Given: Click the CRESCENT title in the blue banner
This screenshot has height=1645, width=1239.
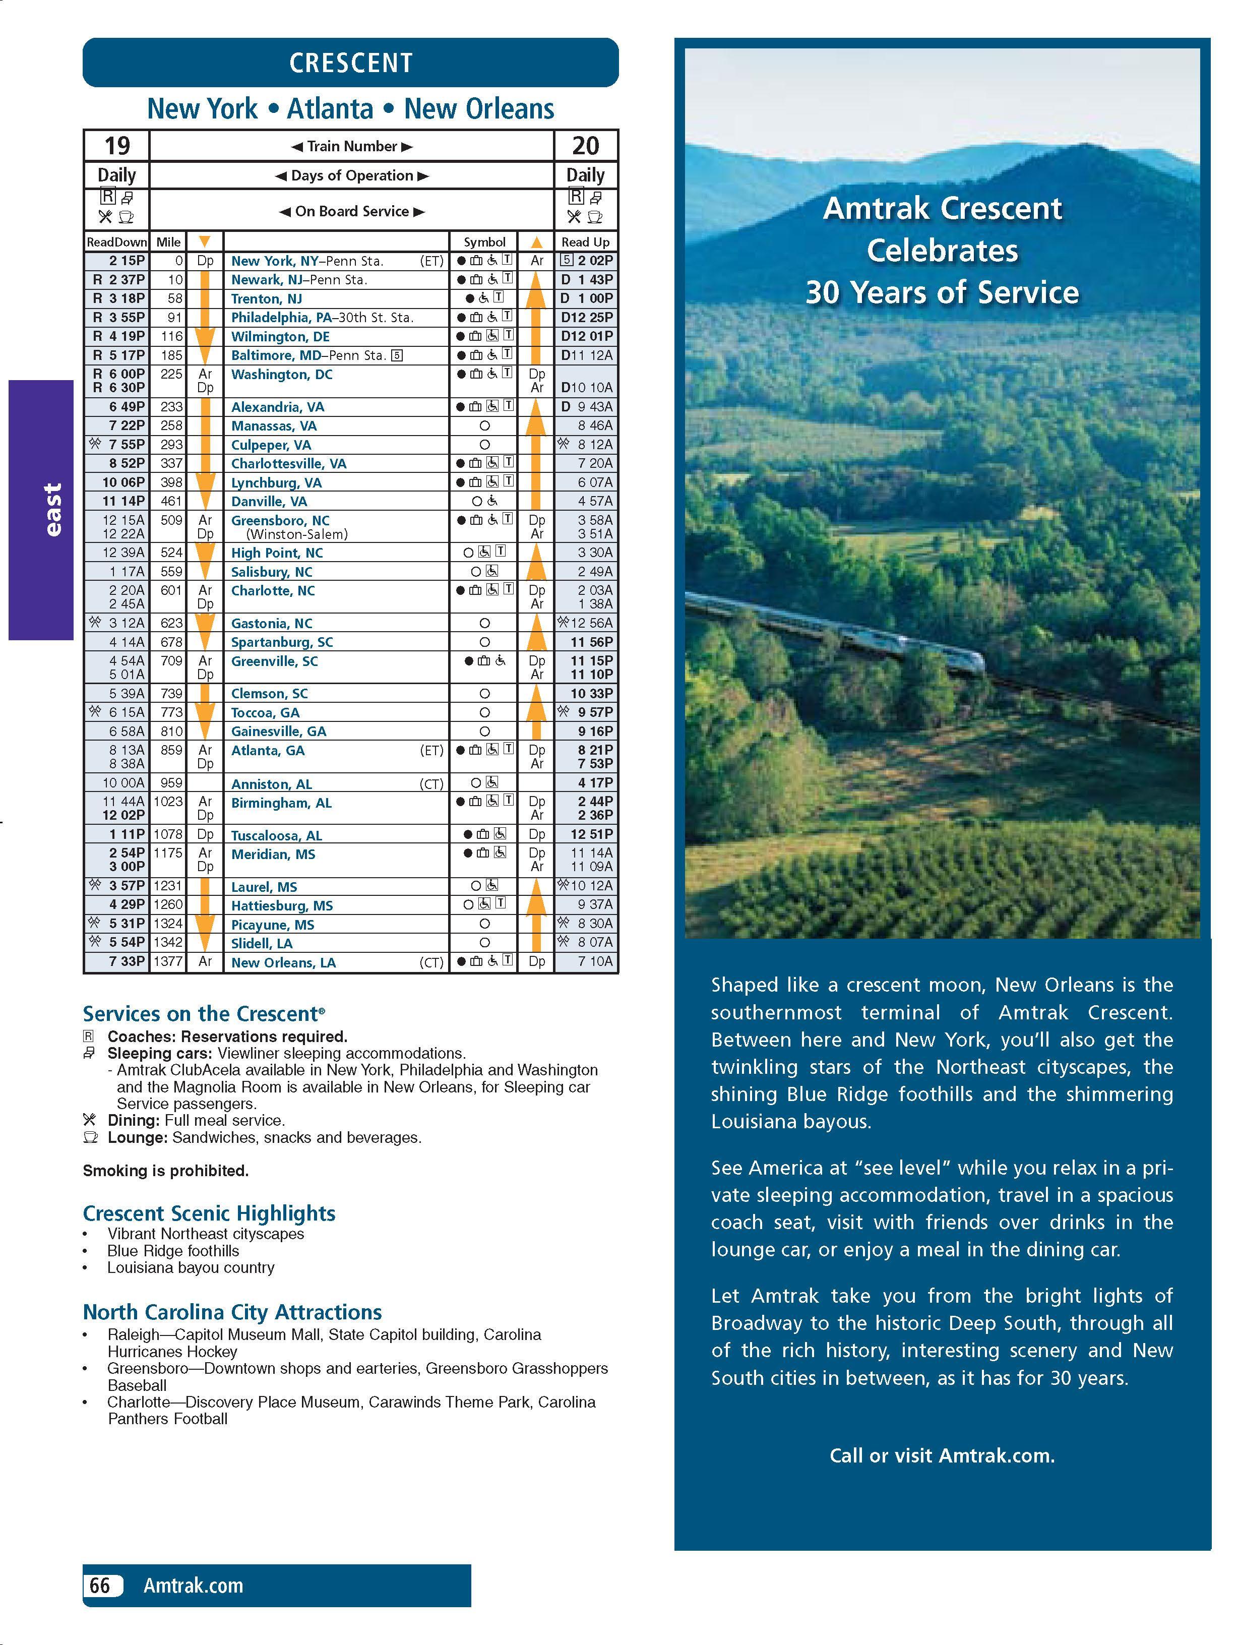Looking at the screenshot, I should click(x=350, y=63).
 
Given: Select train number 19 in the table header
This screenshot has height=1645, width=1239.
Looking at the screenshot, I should click(x=117, y=145).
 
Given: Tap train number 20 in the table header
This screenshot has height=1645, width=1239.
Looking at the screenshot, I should click(x=585, y=145).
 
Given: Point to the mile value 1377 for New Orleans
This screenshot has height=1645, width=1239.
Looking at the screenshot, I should click(x=168, y=961).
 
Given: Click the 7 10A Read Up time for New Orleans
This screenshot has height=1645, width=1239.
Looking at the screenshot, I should click(x=595, y=961).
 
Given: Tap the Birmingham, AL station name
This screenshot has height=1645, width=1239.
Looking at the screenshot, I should click(x=281, y=803).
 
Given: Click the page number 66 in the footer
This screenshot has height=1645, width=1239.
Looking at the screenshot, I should click(x=100, y=1586).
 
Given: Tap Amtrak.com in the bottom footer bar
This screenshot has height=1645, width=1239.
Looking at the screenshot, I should click(x=194, y=1586).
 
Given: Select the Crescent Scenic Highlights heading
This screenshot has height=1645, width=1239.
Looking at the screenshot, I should click(x=209, y=1213).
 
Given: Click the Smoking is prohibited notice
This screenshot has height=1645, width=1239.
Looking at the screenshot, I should click(x=166, y=1171).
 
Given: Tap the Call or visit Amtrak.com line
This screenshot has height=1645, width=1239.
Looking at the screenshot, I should click(x=942, y=1455).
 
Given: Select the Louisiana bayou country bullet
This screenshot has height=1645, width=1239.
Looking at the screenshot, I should click(x=191, y=1267).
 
